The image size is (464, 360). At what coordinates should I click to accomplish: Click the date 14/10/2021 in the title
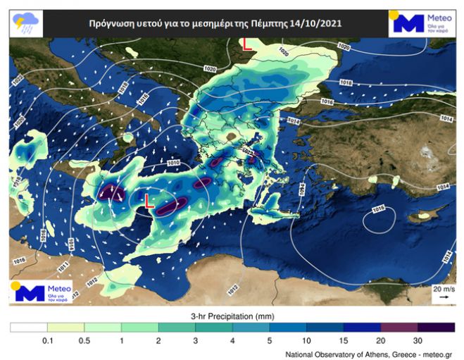click(x=318, y=23)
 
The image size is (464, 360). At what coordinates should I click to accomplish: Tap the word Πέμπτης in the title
click(x=270, y=23)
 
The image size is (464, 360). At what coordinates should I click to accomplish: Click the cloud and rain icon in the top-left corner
click(x=24, y=23)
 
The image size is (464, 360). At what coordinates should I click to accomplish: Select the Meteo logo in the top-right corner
click(x=420, y=23)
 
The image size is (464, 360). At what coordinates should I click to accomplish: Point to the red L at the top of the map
click(x=246, y=44)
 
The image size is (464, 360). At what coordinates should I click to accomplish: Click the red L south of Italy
click(x=148, y=201)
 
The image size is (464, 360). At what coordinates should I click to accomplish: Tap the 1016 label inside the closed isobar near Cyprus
click(x=378, y=209)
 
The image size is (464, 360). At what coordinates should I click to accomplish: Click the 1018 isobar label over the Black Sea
click(x=346, y=83)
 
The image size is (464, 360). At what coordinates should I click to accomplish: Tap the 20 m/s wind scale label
click(x=443, y=290)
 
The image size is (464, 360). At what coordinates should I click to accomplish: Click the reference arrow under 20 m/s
click(x=443, y=298)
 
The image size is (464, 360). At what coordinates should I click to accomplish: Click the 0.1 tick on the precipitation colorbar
click(x=47, y=340)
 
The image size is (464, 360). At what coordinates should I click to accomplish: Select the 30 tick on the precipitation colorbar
click(x=418, y=340)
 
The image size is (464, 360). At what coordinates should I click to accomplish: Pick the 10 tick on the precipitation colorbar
click(x=306, y=340)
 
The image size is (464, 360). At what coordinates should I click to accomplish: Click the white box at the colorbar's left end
click(x=28, y=327)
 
